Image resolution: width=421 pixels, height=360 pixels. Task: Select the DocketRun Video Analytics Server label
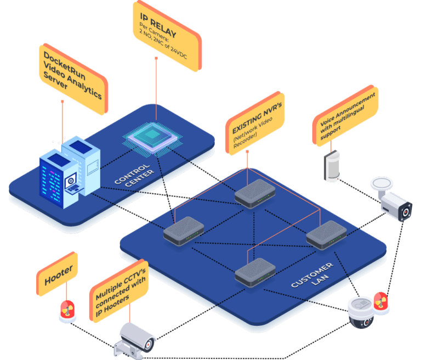tap(72, 79)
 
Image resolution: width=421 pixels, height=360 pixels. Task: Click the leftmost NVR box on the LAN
tap(184, 229)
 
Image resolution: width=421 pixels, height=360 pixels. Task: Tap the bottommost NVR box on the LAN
tap(255, 271)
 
